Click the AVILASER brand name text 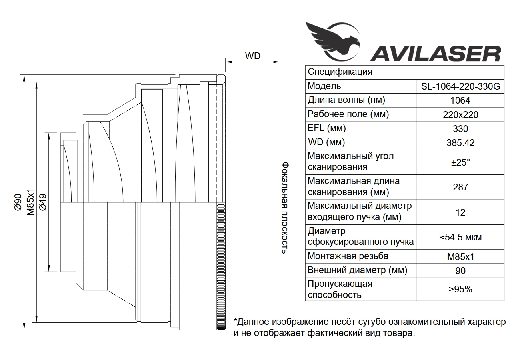(x=436, y=54)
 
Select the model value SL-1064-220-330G (x=460, y=86)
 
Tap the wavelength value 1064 (x=460, y=100)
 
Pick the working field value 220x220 (x=460, y=115)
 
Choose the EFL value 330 (x=460, y=129)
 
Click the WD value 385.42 (x=460, y=143)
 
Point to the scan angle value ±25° (x=460, y=162)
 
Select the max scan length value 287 (x=460, y=187)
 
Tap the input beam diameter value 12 (x=460, y=212)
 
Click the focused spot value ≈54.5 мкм (x=460, y=237)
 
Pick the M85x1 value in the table (x=460, y=257)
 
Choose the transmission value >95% (x=460, y=290)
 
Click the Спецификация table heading (x=340, y=72)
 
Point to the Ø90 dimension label (x=18, y=202)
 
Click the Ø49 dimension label (x=43, y=202)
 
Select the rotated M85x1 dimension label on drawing (x=30, y=202)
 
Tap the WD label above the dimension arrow (x=252, y=56)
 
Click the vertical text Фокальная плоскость (x=285, y=208)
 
